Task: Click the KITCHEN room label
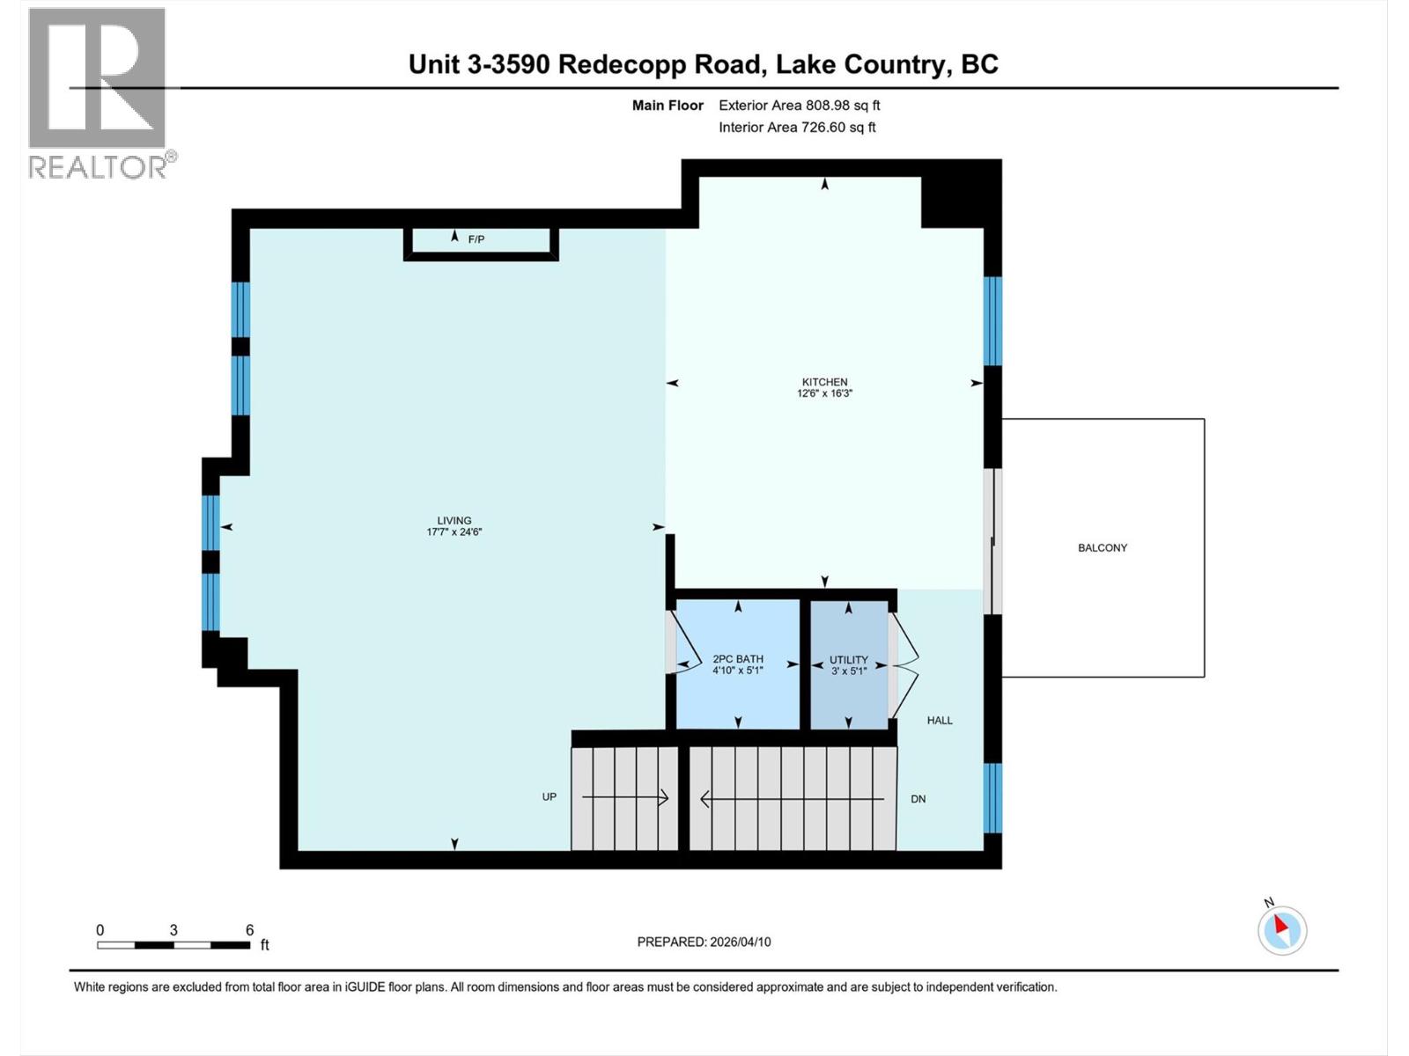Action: coord(824,382)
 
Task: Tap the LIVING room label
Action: coord(454,520)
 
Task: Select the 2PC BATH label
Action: coord(738,658)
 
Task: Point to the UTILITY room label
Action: coord(849,659)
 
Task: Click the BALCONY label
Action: coord(1103,547)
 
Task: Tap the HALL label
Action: coord(940,720)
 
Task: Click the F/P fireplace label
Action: coord(476,239)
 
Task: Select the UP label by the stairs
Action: coord(550,796)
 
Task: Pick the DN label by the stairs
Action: coord(918,799)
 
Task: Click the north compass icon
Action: coord(1282,930)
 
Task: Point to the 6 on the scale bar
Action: coord(250,930)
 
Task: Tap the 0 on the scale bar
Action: coord(100,930)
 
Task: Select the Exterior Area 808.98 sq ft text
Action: coord(799,105)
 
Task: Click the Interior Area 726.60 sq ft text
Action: coord(797,127)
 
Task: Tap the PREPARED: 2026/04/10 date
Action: coord(704,942)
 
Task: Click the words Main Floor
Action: coord(668,105)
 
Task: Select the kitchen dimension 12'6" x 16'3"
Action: coord(824,393)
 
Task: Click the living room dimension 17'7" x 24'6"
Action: coord(454,532)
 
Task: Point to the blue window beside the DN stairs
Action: coord(992,797)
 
